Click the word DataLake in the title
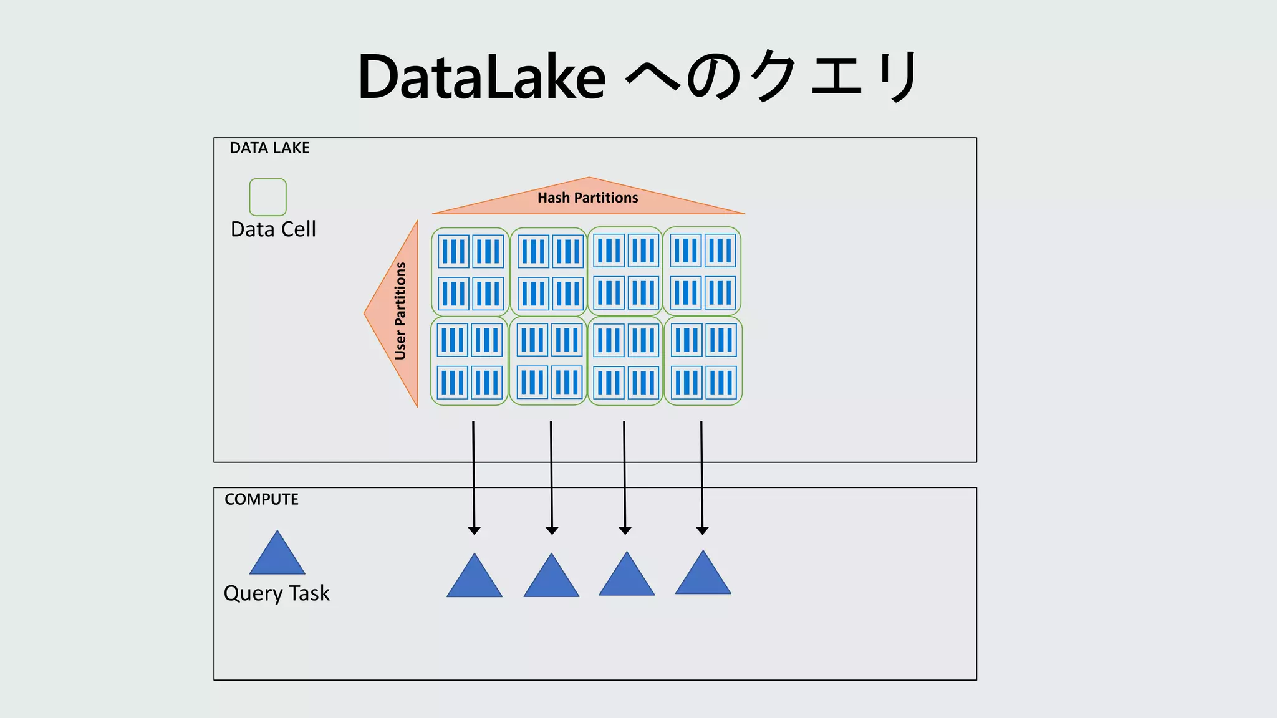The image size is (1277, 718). point(481,77)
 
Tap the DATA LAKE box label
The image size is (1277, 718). point(269,148)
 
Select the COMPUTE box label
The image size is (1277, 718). point(261,499)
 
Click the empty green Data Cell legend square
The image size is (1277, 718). point(267,197)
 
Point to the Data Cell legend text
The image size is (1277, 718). point(273,229)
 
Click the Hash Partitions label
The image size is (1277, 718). point(588,198)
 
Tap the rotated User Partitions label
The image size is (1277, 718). point(400,311)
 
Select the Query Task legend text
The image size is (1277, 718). point(276,593)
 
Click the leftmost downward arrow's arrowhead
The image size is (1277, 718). point(474,530)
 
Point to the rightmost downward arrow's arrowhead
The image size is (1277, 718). point(702,530)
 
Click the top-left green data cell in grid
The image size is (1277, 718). point(470,272)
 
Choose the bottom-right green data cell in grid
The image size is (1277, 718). point(703,361)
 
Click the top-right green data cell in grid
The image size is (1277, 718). point(702,271)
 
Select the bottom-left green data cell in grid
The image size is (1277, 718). point(470,361)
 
